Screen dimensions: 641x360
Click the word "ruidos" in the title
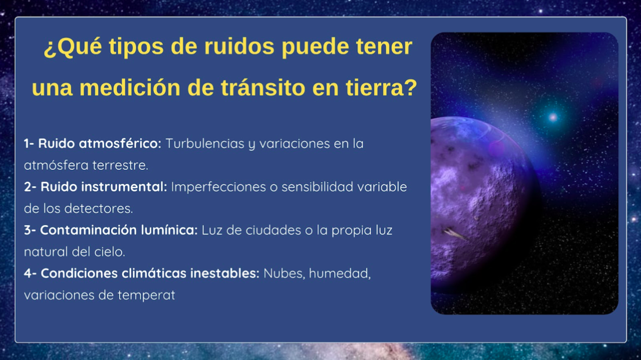[x=239, y=46]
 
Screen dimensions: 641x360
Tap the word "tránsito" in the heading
[x=263, y=88]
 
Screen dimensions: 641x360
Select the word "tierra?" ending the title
[x=381, y=88]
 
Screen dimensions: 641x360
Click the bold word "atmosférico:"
[x=120, y=144]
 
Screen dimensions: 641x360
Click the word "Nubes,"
[x=285, y=274]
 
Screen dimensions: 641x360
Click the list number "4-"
[x=30, y=274]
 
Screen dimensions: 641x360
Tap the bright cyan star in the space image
[x=553, y=118]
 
